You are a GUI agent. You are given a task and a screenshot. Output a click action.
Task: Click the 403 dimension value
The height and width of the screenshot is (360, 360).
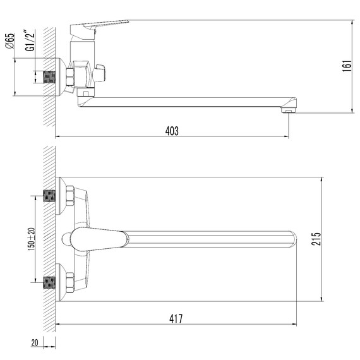coord(172,131)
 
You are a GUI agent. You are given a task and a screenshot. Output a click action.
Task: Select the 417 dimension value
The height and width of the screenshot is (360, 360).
coord(176,319)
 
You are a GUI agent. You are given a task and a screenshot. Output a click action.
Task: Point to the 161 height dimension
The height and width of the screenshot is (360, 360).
coord(347,66)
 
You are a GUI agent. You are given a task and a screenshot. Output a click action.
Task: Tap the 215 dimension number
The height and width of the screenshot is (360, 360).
coord(316,239)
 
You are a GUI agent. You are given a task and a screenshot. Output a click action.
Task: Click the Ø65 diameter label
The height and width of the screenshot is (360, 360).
coord(10,41)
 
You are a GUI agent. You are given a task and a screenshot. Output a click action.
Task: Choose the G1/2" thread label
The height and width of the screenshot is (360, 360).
coord(30,40)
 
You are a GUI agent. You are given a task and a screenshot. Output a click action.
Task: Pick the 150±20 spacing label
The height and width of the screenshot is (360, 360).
coord(32,239)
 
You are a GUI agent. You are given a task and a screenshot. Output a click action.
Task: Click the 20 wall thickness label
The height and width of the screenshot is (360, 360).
coord(35,342)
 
